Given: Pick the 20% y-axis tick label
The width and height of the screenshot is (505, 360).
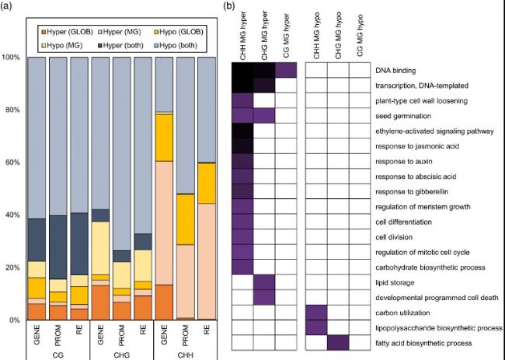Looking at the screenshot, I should click(x=12, y=267).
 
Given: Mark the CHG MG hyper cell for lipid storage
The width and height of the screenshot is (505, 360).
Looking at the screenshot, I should click(x=264, y=282).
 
